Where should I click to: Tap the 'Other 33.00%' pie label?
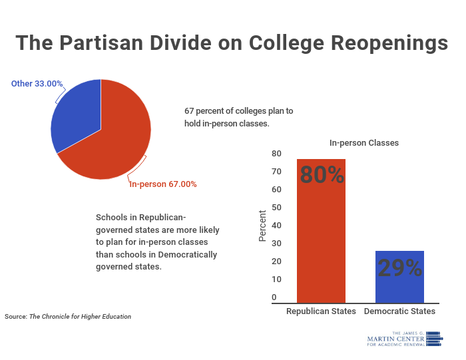pos(37,84)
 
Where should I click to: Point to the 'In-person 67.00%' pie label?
pos(163,184)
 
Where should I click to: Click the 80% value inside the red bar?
pos(322,175)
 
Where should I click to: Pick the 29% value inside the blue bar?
pos(399,268)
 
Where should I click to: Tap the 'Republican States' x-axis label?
pos(321,311)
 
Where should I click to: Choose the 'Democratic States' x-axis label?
pos(399,311)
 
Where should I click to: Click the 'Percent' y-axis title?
pos(262,226)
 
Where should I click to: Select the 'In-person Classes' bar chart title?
pos(364,142)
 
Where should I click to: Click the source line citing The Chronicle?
pos(68,317)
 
